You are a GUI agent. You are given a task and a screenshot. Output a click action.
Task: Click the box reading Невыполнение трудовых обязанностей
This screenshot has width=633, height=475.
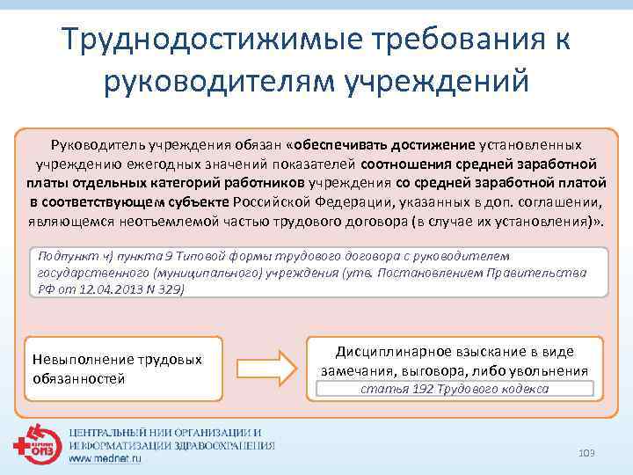pyautogui.click(x=119, y=369)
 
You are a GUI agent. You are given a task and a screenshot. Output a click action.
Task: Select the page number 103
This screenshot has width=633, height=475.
pyautogui.click(x=586, y=452)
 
